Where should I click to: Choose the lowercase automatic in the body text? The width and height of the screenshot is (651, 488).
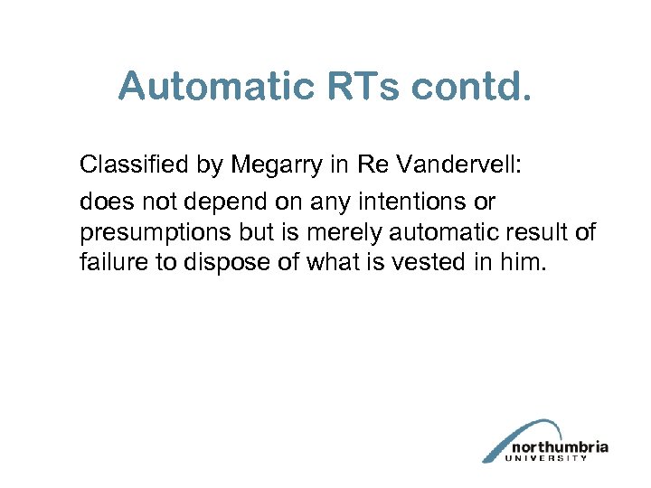tap(439, 233)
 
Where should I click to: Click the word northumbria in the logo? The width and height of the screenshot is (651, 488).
tap(559, 447)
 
